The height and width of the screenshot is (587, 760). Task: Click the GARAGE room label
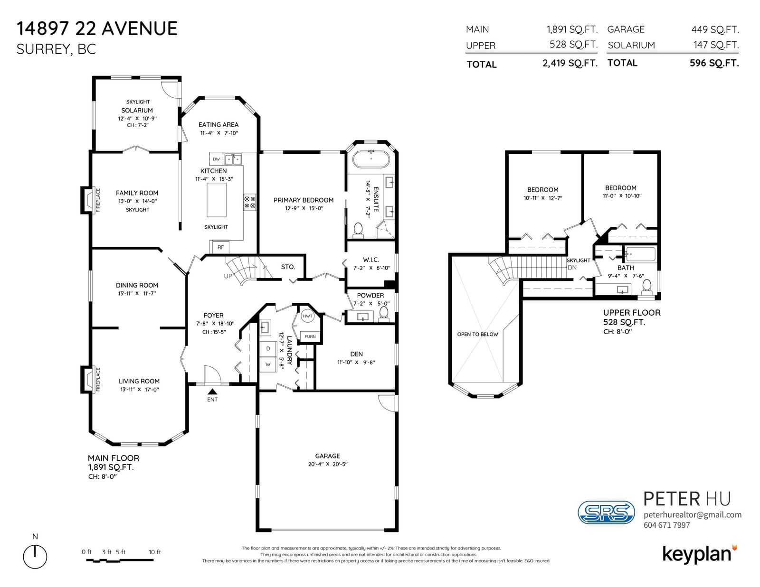point(327,456)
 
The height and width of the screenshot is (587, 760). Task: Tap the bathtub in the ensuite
point(370,159)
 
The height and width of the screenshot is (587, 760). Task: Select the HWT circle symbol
point(307,316)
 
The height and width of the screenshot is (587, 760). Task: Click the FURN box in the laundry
point(310,336)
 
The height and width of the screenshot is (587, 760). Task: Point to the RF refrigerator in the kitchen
point(220,247)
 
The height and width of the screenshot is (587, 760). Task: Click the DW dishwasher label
point(216,159)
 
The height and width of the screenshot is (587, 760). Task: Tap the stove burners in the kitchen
point(250,202)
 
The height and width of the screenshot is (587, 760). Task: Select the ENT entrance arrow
point(212,391)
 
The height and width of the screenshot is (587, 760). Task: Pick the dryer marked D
point(268,349)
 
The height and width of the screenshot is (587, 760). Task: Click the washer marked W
point(268,364)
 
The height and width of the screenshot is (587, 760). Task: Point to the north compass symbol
point(35,556)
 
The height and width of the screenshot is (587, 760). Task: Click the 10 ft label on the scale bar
point(154,552)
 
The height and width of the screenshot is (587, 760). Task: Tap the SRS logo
point(606,512)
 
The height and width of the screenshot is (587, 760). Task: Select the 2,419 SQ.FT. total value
point(570,63)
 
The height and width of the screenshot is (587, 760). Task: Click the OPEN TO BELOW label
point(477,335)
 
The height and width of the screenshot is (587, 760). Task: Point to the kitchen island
point(217,200)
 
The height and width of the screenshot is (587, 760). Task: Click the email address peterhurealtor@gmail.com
point(693,515)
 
